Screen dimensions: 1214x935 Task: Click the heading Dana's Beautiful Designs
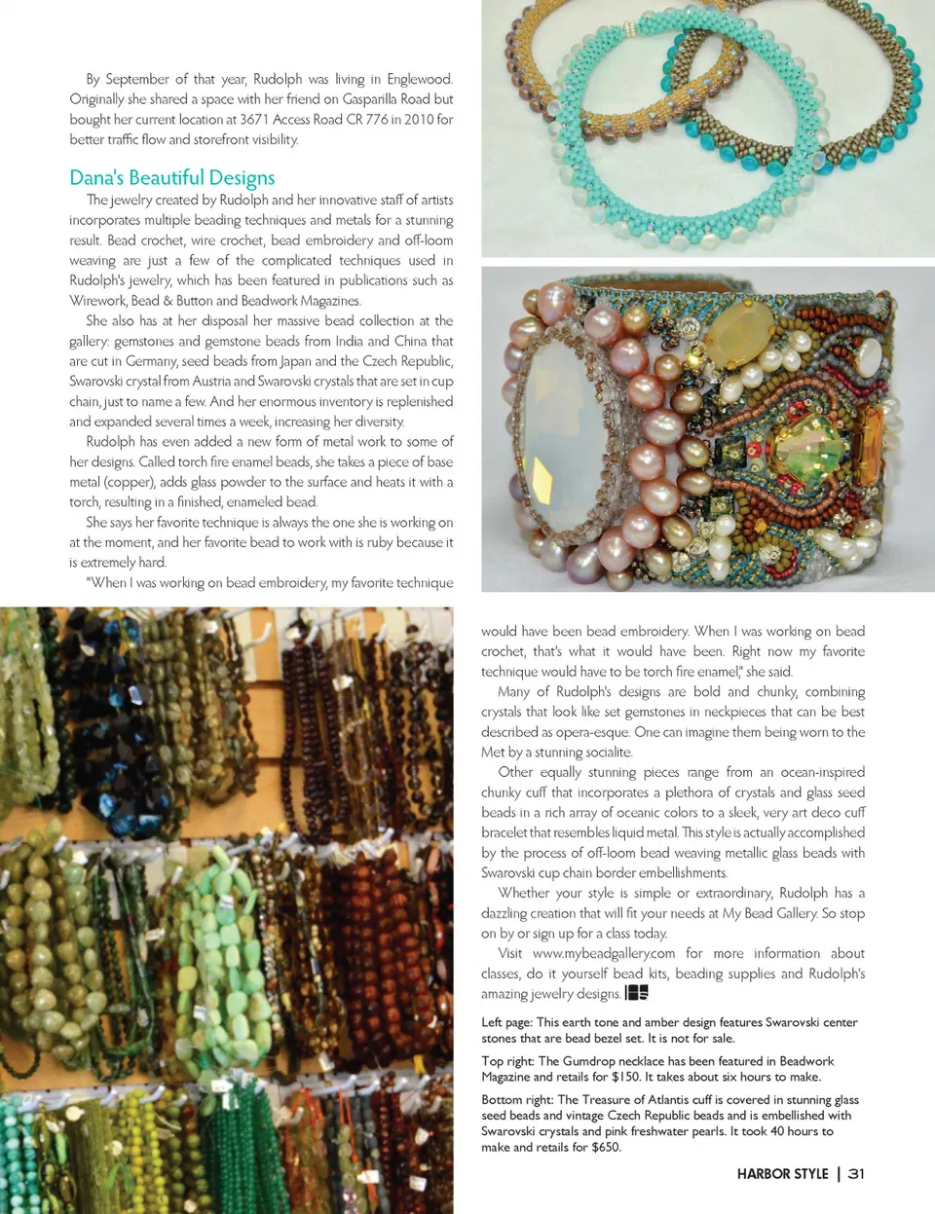pos(171,177)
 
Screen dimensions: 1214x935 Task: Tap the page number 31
pos(856,1173)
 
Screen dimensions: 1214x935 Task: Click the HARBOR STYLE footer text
pos(782,1174)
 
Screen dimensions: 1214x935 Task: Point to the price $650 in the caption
pos(605,1147)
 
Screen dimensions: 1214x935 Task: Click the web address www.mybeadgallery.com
pos(604,953)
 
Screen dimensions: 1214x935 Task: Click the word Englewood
pos(419,79)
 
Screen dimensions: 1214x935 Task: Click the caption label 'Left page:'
pos(506,1022)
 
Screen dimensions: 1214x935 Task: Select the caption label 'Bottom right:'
pos(517,1100)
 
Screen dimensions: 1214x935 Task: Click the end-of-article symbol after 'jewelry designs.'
pos(636,993)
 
